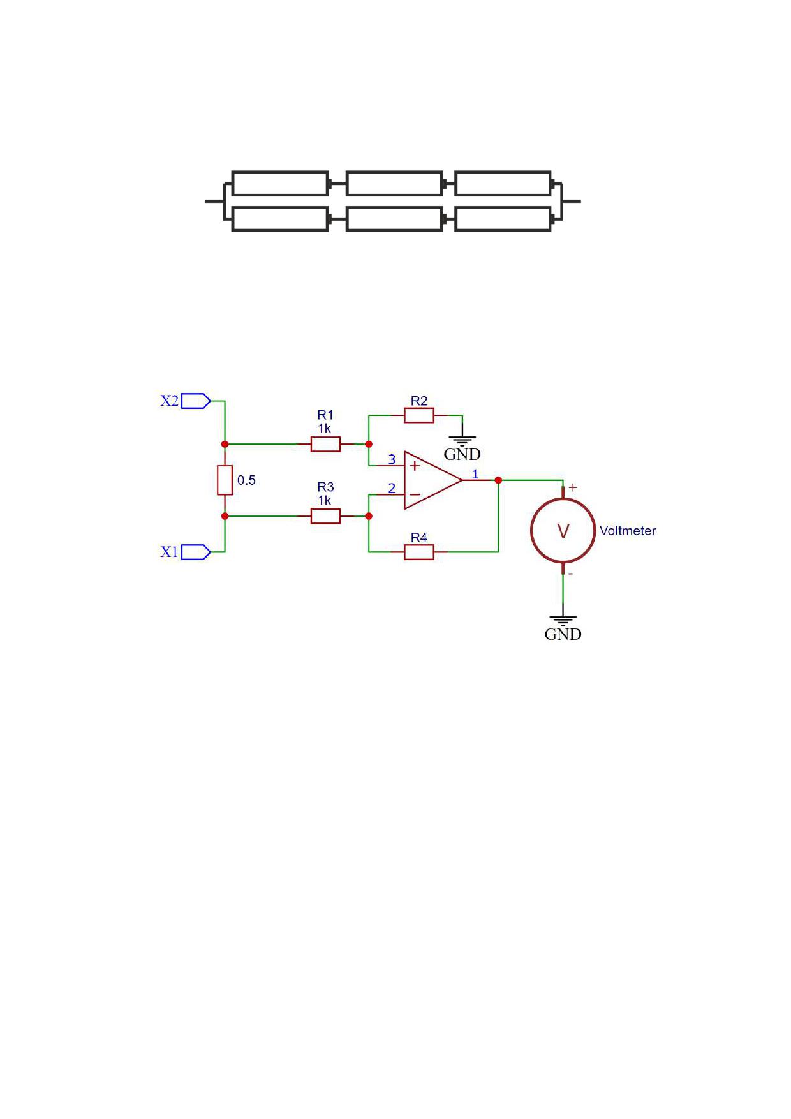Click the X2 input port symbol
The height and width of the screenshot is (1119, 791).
[x=196, y=401]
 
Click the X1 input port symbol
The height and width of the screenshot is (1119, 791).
[x=196, y=552]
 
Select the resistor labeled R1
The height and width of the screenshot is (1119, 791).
[x=325, y=444]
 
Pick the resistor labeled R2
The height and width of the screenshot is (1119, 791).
[x=419, y=416]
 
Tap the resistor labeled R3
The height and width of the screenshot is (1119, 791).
[x=325, y=516]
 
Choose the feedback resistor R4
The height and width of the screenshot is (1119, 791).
[x=419, y=552]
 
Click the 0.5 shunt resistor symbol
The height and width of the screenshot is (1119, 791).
[x=225, y=480]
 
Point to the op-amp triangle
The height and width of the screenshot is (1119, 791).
[x=433, y=480]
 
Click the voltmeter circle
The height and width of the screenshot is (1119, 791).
[x=563, y=531]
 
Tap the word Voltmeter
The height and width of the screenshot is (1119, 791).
[x=628, y=531]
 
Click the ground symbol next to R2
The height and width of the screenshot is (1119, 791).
[x=462, y=441]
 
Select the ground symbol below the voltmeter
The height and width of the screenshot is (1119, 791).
[x=563, y=621]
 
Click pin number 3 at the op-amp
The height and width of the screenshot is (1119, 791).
[x=392, y=459]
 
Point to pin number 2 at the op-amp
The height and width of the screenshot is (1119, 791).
[x=392, y=489]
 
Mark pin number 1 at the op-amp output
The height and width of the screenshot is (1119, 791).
[x=475, y=474]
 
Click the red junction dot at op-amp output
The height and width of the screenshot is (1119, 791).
[x=498, y=480]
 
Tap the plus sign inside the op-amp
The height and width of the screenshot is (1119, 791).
[x=415, y=466]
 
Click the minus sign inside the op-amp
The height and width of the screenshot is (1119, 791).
[x=415, y=494]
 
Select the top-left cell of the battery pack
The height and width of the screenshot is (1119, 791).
[x=280, y=184]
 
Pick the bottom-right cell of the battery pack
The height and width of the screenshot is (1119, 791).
[x=503, y=219]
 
